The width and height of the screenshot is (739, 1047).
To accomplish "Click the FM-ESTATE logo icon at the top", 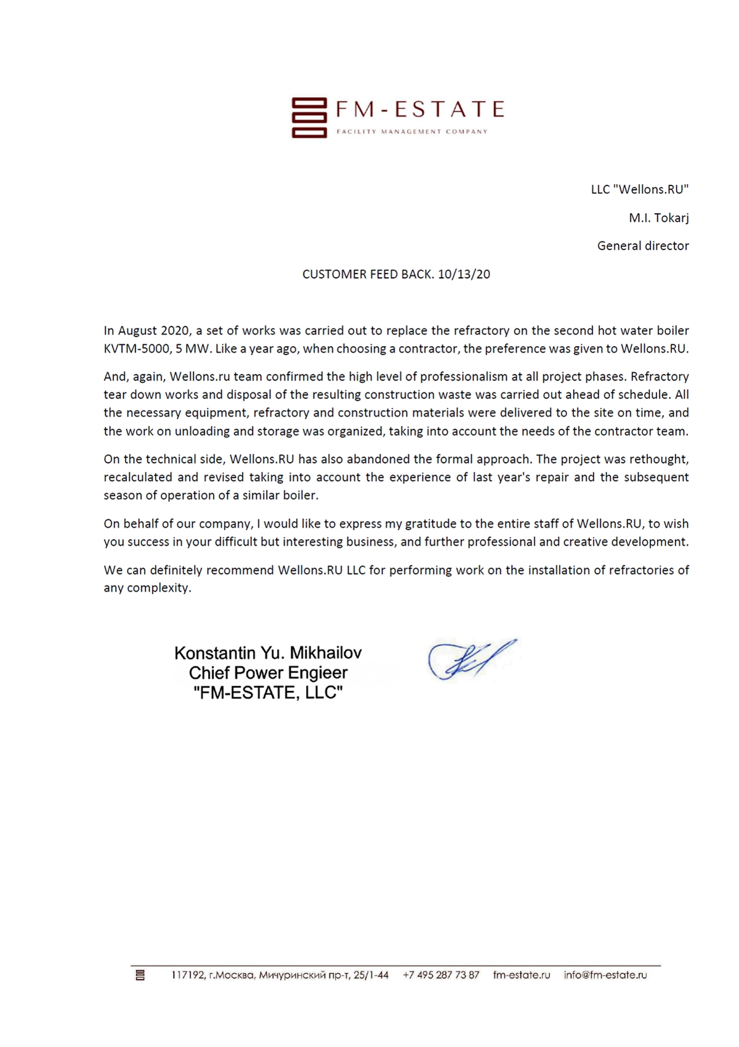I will [309, 117].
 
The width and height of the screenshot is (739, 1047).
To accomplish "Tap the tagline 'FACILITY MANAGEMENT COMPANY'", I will [412, 132].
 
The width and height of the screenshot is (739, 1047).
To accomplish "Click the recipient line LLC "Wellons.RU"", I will [639, 190].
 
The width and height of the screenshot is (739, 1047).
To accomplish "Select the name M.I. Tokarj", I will [658, 218].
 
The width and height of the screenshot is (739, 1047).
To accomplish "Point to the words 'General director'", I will [642, 246].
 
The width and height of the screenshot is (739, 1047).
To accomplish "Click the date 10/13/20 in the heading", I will [464, 275].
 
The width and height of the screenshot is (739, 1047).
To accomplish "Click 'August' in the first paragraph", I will [138, 331].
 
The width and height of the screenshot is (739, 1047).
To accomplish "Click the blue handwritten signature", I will [471, 659].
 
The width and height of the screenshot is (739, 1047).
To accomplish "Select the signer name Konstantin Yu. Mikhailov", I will [268, 653].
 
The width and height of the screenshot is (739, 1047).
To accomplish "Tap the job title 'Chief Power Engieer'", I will [268, 673].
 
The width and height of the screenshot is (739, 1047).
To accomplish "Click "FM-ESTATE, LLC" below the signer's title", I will [268, 693].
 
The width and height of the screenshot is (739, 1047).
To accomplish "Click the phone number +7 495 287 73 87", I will [441, 975].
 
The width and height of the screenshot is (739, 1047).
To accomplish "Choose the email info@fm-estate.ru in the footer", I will [605, 975].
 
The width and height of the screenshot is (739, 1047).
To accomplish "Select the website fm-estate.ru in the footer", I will [522, 975].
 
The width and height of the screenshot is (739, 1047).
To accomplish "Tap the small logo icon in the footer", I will [140, 975].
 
